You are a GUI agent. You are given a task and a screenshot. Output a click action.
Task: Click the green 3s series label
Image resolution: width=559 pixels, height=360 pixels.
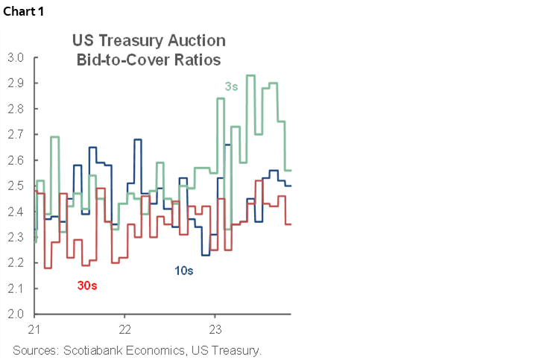[x=231, y=87]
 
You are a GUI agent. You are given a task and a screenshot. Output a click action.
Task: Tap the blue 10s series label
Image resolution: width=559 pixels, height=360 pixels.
[x=184, y=271]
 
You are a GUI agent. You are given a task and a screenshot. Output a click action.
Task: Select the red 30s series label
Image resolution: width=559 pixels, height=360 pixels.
[x=87, y=285]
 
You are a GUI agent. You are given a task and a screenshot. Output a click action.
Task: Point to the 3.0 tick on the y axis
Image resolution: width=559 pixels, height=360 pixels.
[x=16, y=57]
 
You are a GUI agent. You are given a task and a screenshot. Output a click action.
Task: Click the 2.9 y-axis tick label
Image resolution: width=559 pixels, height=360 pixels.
[x=16, y=83]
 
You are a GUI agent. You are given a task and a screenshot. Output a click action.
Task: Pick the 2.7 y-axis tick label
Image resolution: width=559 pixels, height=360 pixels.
[x=16, y=134]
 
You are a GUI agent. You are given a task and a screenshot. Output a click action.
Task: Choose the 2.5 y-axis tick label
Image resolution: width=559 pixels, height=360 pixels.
[x=16, y=186]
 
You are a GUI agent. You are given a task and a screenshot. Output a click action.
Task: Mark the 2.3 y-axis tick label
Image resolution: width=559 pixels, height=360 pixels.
[x=16, y=237]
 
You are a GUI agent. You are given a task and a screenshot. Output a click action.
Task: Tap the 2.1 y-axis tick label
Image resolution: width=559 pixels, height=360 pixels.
[x=16, y=288]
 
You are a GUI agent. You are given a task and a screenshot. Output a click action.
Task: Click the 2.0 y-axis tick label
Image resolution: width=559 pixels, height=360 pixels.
[x=16, y=314]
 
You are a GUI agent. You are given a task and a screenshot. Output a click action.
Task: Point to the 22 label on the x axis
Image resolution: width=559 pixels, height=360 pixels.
[x=124, y=329]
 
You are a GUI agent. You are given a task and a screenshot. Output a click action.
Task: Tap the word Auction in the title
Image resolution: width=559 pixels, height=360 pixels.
[x=198, y=41]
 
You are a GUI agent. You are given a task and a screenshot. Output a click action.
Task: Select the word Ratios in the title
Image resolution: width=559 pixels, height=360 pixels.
[x=198, y=59]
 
